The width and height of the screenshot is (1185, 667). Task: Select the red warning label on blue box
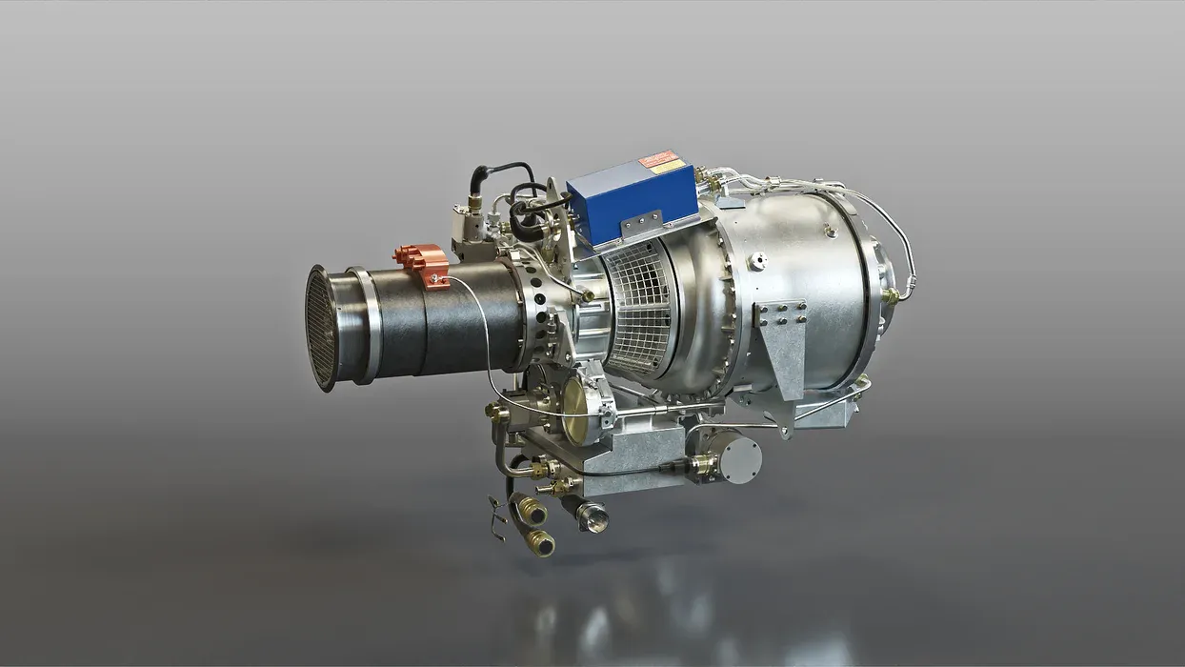click(658, 159)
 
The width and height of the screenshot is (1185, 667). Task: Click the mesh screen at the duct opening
click(321, 327)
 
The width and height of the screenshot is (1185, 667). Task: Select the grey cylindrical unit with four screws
click(739, 457)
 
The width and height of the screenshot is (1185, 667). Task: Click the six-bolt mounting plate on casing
click(781, 314)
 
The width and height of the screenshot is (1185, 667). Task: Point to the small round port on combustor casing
click(756, 260)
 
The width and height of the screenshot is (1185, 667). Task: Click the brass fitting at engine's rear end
click(892, 297)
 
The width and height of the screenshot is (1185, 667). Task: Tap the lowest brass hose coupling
click(540, 544)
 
